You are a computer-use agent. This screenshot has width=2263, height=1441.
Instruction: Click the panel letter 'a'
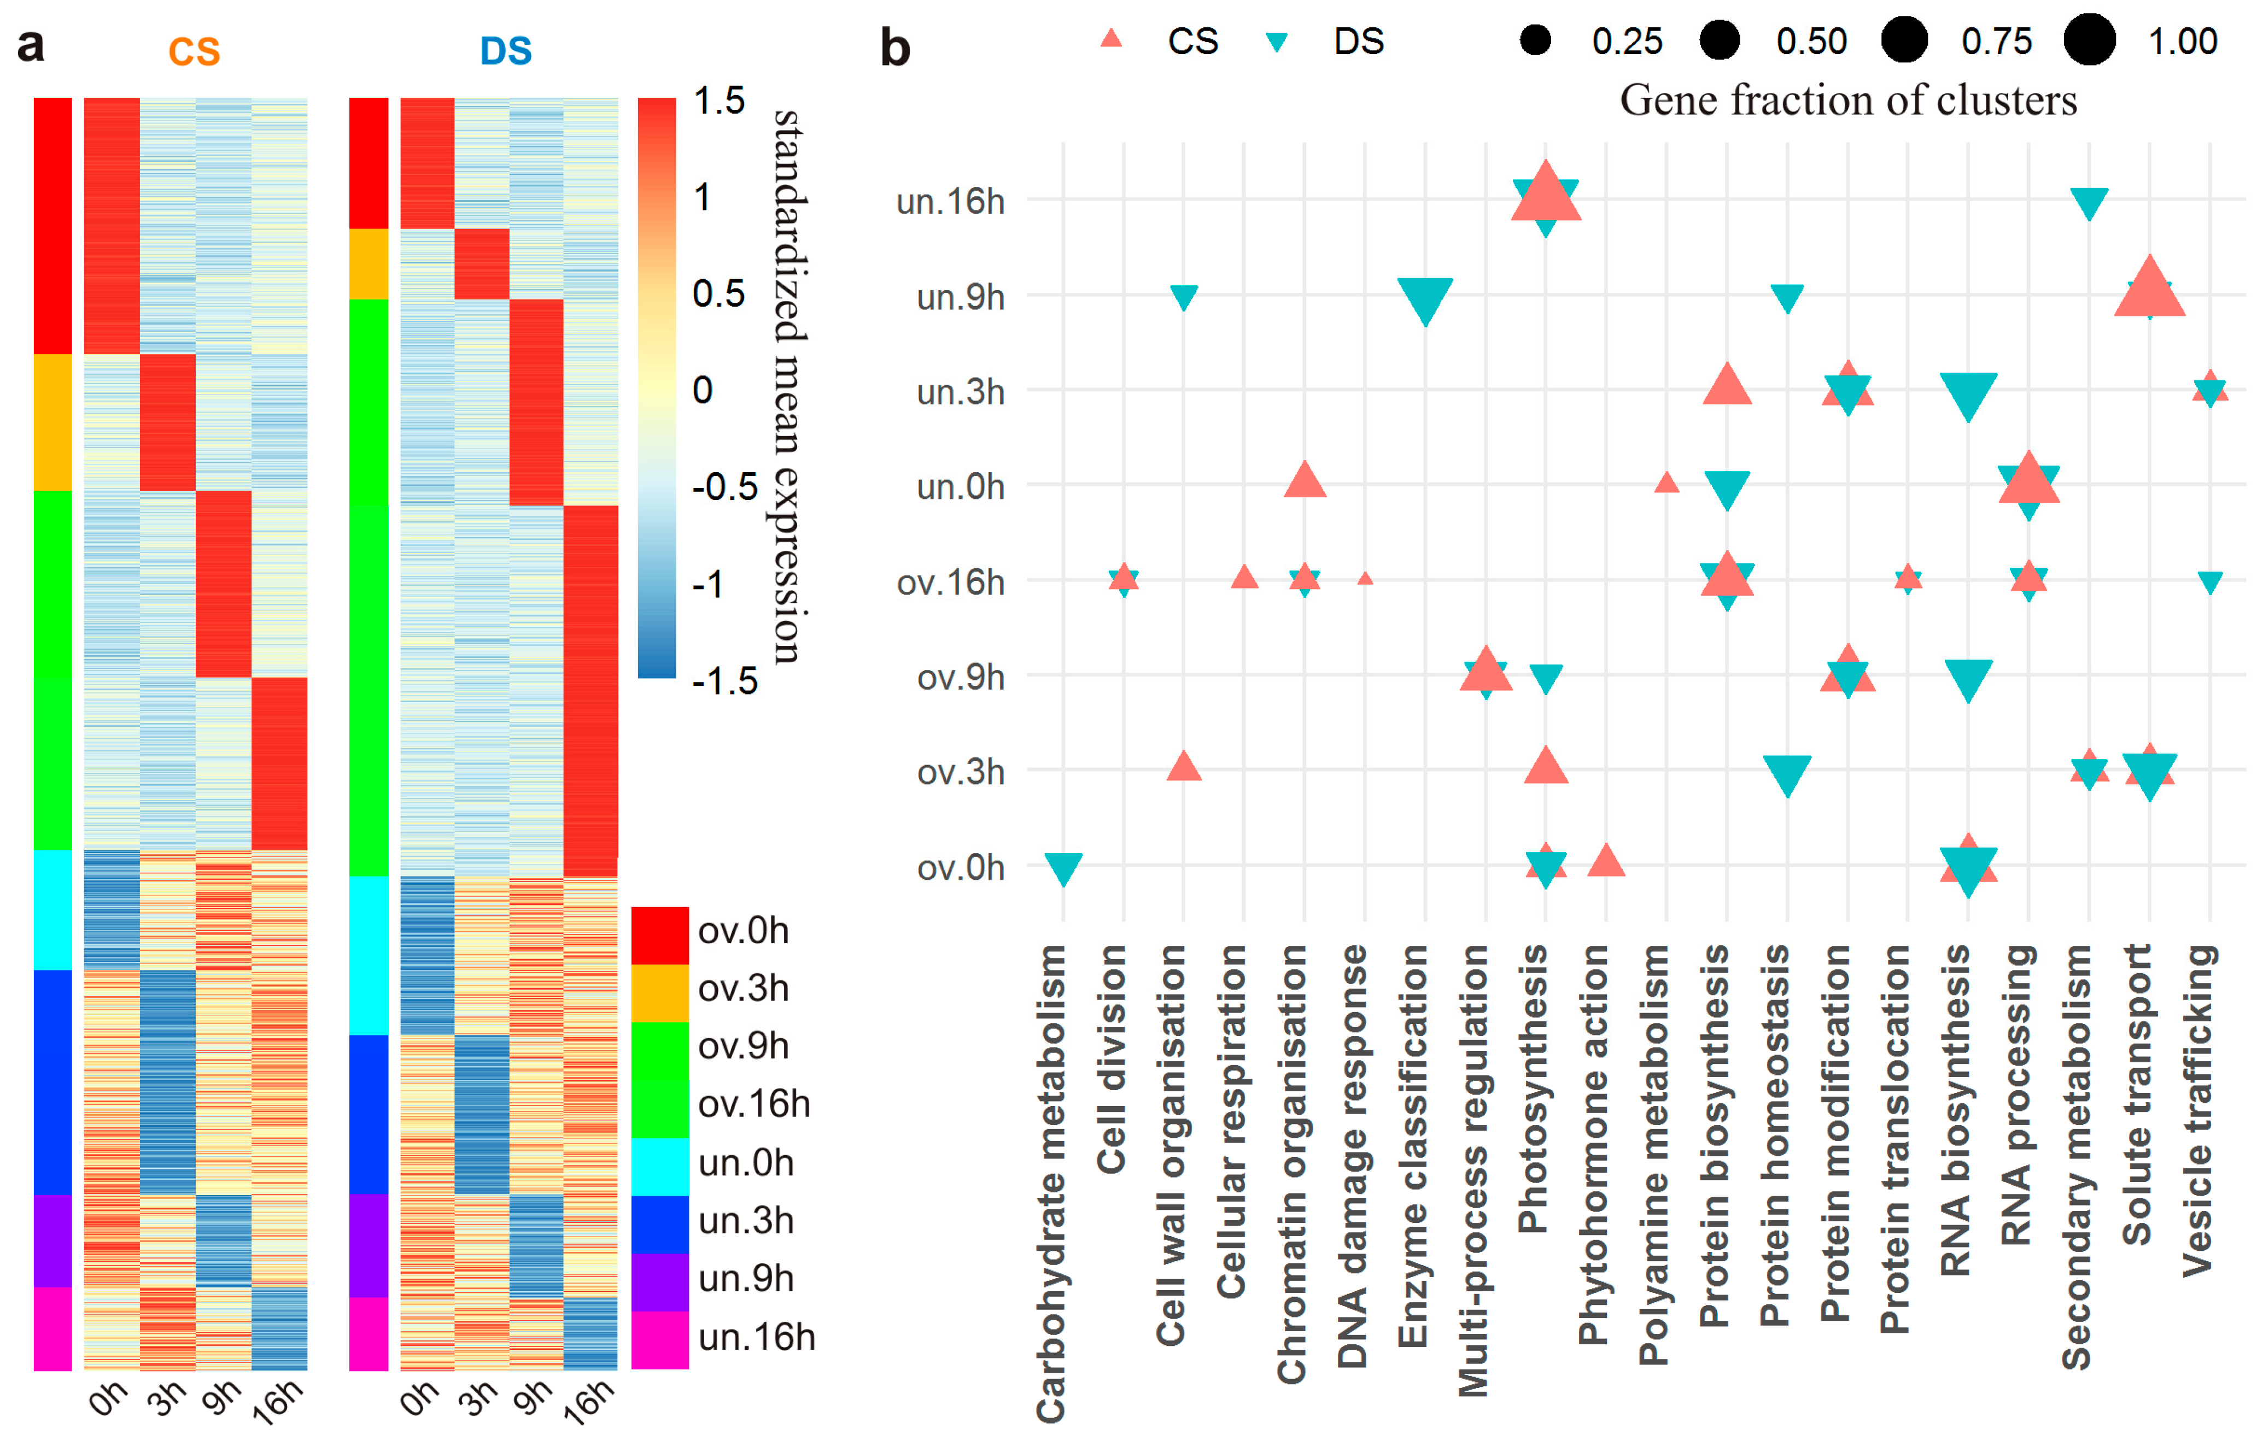pos(31,44)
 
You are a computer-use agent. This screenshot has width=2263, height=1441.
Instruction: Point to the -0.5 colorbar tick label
pos(724,486)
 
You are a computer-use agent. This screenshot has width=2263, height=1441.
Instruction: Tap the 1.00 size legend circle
pos(2089,40)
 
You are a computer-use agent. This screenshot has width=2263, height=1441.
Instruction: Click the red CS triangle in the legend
pos(1112,38)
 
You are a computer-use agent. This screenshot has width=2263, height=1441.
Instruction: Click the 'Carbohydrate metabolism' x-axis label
pos(1051,1184)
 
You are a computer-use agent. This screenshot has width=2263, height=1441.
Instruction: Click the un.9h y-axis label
pos(961,298)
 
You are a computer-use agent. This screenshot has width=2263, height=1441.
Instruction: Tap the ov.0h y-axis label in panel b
pos(961,868)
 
